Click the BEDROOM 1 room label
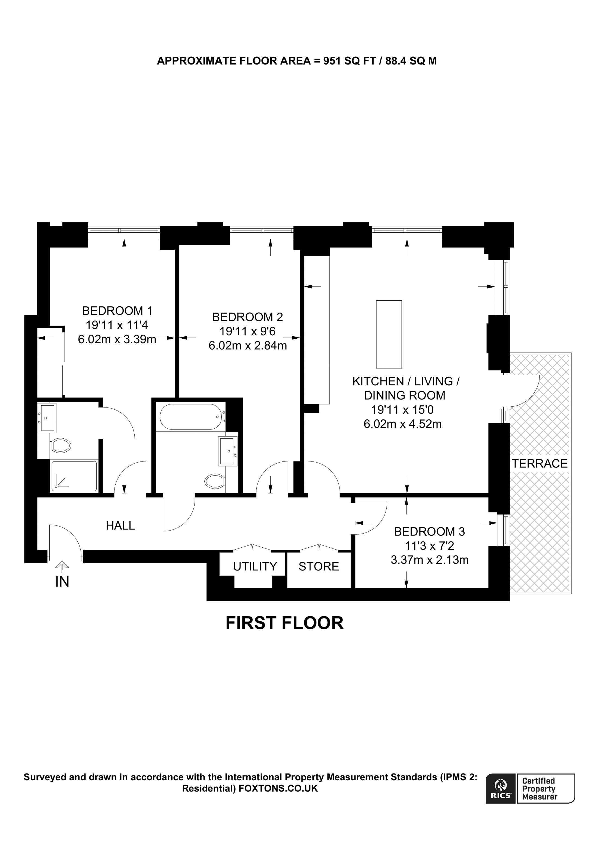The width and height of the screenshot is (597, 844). point(117,311)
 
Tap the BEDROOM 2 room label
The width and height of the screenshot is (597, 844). point(247,317)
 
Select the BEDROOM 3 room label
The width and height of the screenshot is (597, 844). point(429,532)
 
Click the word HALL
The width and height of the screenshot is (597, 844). point(120,526)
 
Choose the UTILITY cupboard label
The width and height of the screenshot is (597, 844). point(255,566)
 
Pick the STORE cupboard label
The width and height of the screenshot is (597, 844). point(319,566)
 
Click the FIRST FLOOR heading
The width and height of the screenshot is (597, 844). point(284,623)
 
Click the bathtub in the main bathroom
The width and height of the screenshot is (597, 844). point(190,417)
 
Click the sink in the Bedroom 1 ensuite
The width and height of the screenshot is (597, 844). point(48,418)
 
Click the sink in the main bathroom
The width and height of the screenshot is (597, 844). point(228,451)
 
